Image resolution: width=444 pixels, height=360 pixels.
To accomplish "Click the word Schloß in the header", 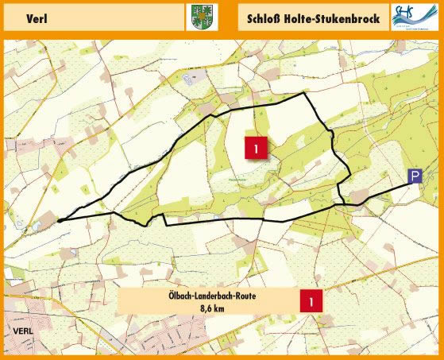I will click(x=268, y=17).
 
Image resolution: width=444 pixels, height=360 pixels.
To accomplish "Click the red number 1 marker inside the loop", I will click(x=256, y=148).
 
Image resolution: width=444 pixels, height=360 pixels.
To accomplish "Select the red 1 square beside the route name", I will click(x=311, y=301).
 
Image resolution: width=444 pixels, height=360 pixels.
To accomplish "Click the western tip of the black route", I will click(x=59, y=222).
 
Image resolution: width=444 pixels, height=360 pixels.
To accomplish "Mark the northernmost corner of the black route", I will click(x=306, y=93).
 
